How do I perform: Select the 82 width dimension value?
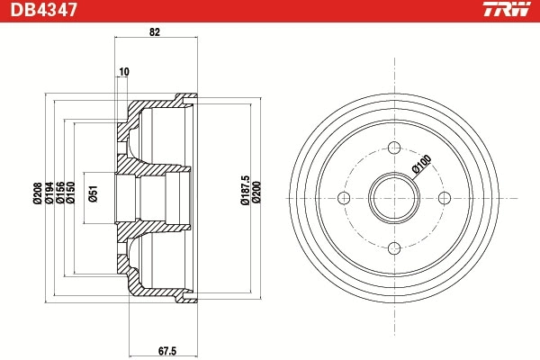click(155, 32)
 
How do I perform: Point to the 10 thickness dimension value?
click(123, 72)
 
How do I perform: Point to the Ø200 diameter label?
click(257, 191)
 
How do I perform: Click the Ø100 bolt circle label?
click(420, 164)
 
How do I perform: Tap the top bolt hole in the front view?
click(395, 149)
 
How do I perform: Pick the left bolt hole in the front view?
click(346, 199)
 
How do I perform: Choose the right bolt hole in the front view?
click(445, 199)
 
